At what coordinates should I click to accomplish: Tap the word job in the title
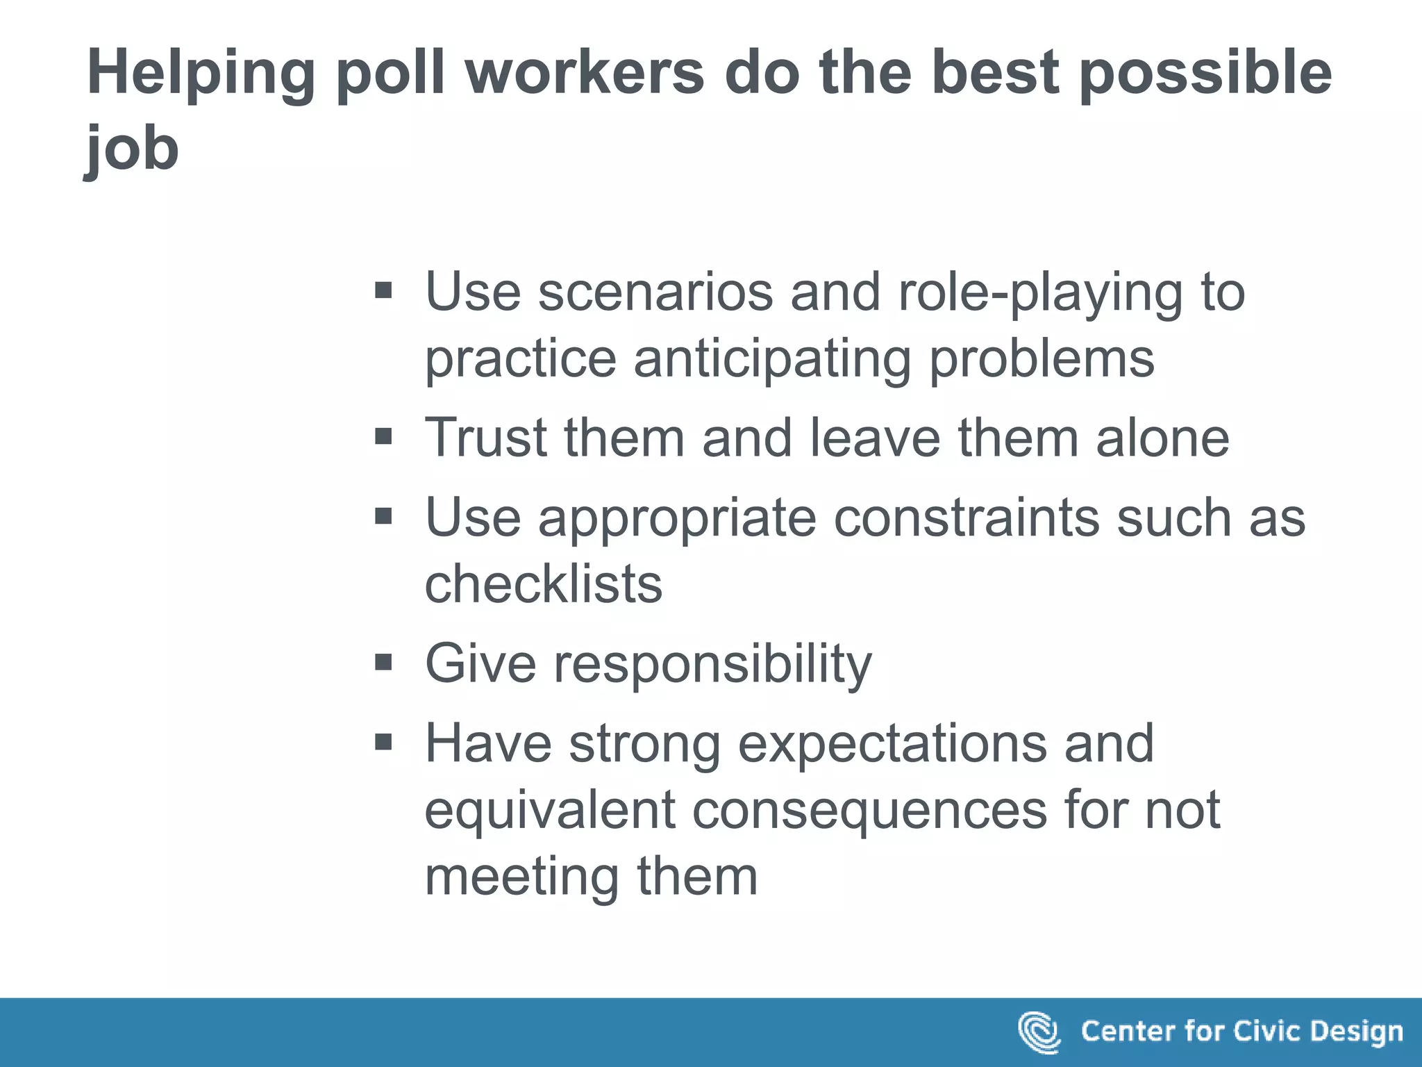[132, 149]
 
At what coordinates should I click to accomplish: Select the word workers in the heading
[585, 73]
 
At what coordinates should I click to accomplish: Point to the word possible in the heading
[1205, 74]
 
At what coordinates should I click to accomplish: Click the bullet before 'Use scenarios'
[383, 290]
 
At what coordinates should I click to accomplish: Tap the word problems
[1042, 360]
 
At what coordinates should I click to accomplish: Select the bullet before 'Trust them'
[383, 437]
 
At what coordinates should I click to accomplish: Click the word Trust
[486, 438]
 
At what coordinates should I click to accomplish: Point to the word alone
[1162, 438]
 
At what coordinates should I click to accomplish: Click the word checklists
[544, 584]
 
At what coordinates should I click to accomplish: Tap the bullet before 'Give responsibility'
[383, 663]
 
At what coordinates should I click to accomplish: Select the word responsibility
[712, 664]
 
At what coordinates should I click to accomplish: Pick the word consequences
[869, 810]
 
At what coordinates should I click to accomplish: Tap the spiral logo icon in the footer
[1039, 1032]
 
